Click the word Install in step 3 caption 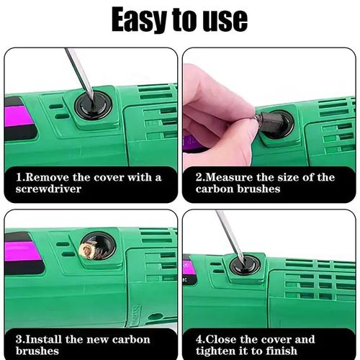(x=48, y=339)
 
